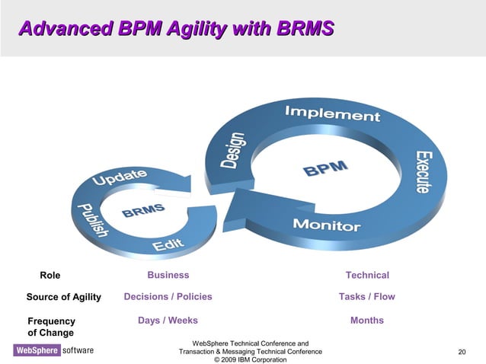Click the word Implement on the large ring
click(332, 114)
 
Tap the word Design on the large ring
click(234, 151)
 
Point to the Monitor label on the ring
click(327, 225)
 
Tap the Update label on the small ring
click(120, 180)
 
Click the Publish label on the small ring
click(91, 220)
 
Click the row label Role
click(50, 276)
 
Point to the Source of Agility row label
click(63, 297)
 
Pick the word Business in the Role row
click(168, 275)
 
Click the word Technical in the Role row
click(367, 275)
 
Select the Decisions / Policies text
click(168, 296)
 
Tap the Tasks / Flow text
click(366, 296)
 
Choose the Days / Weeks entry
click(168, 321)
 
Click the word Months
click(366, 321)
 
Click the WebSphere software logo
click(53, 350)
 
